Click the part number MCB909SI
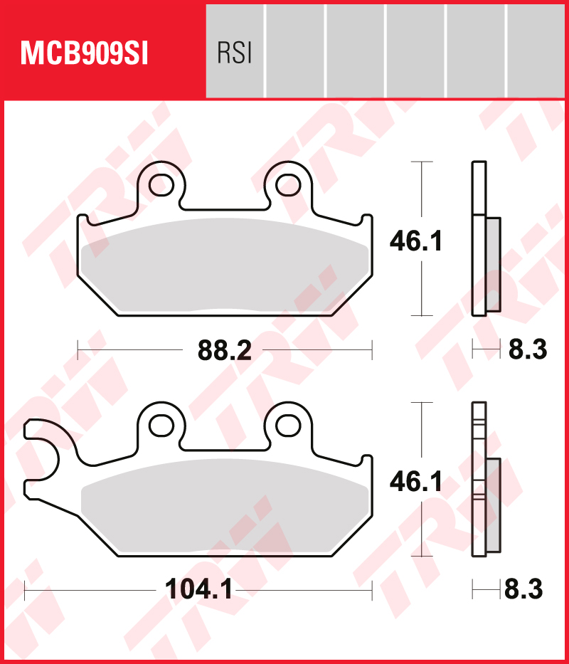tap(84, 53)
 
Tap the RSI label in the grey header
tap(235, 54)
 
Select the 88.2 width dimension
tap(224, 350)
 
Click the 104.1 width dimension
tap(198, 589)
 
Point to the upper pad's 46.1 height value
tap(416, 242)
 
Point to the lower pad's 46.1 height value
tap(416, 483)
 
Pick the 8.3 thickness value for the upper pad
tap(528, 350)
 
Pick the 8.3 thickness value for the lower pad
tap(523, 589)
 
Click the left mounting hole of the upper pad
tap(161, 184)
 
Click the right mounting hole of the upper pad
tap(288, 184)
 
